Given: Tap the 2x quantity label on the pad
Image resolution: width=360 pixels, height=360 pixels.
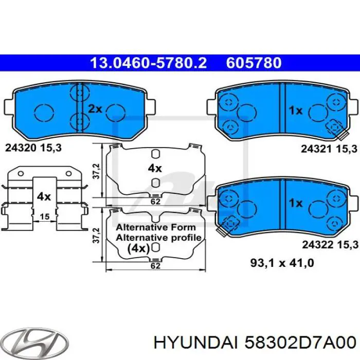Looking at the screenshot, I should (x=95, y=109).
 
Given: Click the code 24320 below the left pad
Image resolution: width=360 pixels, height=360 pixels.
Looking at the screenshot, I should (x=21, y=148).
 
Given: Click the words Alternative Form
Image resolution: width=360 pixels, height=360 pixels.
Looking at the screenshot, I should (x=155, y=227).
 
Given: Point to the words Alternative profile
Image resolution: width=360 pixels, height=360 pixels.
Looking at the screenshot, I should (x=158, y=237).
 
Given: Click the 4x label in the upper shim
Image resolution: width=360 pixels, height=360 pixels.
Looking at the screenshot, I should (x=155, y=168).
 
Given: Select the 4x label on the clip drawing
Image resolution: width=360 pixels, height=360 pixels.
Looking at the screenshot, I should (x=44, y=196).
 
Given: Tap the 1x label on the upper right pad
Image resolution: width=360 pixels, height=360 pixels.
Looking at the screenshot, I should (x=295, y=110).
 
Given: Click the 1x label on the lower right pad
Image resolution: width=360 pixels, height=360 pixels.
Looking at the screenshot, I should (x=295, y=203).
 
